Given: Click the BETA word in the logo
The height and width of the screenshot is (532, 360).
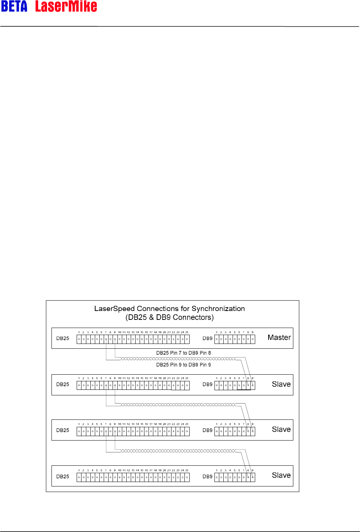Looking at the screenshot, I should (x=14, y=6).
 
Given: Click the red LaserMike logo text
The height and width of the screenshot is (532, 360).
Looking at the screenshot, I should (x=66, y=6).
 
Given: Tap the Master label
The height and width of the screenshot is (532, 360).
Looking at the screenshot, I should (x=279, y=338).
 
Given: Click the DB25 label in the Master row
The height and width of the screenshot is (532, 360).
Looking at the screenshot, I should (x=63, y=338).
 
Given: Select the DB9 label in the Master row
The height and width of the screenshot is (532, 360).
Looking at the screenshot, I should (x=207, y=338).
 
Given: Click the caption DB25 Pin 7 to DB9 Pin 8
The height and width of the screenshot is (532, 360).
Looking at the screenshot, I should (x=183, y=353).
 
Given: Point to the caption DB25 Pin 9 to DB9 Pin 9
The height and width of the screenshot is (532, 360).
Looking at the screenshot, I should (x=183, y=365).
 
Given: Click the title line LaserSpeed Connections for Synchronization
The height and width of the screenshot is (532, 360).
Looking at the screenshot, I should (x=169, y=309).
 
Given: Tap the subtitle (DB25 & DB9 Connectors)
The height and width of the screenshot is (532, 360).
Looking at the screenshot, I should (x=169, y=317).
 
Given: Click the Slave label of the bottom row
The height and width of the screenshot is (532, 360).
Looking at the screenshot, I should (x=281, y=475).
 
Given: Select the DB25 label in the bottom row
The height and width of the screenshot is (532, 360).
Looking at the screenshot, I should (x=63, y=476).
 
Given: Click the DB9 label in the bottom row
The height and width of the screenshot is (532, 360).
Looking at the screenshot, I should (x=207, y=476).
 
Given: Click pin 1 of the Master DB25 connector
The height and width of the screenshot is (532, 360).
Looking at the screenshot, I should (x=79, y=339).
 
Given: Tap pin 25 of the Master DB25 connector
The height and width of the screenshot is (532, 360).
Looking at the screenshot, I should (x=187, y=339).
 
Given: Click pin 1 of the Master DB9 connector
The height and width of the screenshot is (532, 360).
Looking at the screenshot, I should (x=217, y=339).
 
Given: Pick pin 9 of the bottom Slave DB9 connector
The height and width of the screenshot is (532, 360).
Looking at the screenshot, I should (x=253, y=478).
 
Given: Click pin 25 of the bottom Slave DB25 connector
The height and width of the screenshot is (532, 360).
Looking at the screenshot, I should (x=187, y=478).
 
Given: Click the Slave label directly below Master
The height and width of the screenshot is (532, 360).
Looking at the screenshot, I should (x=281, y=384).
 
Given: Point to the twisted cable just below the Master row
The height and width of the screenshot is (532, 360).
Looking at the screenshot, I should (x=178, y=359).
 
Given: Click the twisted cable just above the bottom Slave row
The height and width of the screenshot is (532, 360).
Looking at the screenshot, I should (x=178, y=451).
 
